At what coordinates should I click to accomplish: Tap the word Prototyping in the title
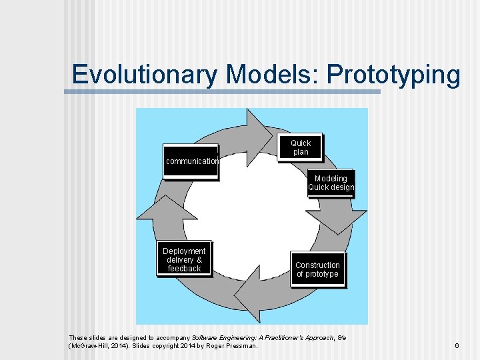click(393, 74)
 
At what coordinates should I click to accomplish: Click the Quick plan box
click(300, 148)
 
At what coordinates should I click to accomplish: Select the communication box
click(191, 161)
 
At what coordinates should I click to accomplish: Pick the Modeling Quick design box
click(331, 183)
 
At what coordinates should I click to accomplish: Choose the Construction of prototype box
click(317, 269)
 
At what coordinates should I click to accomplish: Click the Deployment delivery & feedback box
click(184, 260)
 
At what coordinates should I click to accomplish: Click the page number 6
click(457, 346)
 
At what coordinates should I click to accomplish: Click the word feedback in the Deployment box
click(184, 269)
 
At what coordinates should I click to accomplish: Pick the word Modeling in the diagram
click(331, 179)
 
